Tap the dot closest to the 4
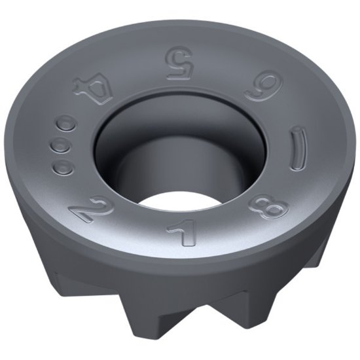pyautogui.click(x=67, y=123)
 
